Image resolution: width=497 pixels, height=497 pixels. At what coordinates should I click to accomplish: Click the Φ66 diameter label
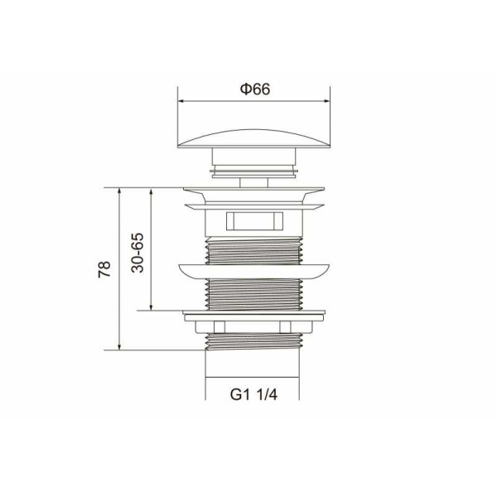tap(255, 89)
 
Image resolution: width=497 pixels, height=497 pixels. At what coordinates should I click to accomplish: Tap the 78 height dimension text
tap(104, 269)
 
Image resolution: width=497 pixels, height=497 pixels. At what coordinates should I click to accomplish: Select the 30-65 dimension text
tap(138, 253)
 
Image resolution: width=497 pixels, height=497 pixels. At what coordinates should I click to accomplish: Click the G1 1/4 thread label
tap(253, 394)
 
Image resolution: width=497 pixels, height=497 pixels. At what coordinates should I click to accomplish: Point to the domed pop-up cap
tap(254, 138)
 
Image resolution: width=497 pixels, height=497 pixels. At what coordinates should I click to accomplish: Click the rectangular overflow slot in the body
tap(254, 221)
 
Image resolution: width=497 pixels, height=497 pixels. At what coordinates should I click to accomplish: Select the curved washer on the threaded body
tap(254, 272)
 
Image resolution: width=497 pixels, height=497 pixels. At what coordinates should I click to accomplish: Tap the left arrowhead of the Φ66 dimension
tap(181, 101)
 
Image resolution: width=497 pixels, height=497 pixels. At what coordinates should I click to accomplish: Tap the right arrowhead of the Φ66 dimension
tap(326, 101)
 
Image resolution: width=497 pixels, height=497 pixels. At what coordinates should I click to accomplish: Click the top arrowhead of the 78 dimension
tap(119, 191)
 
